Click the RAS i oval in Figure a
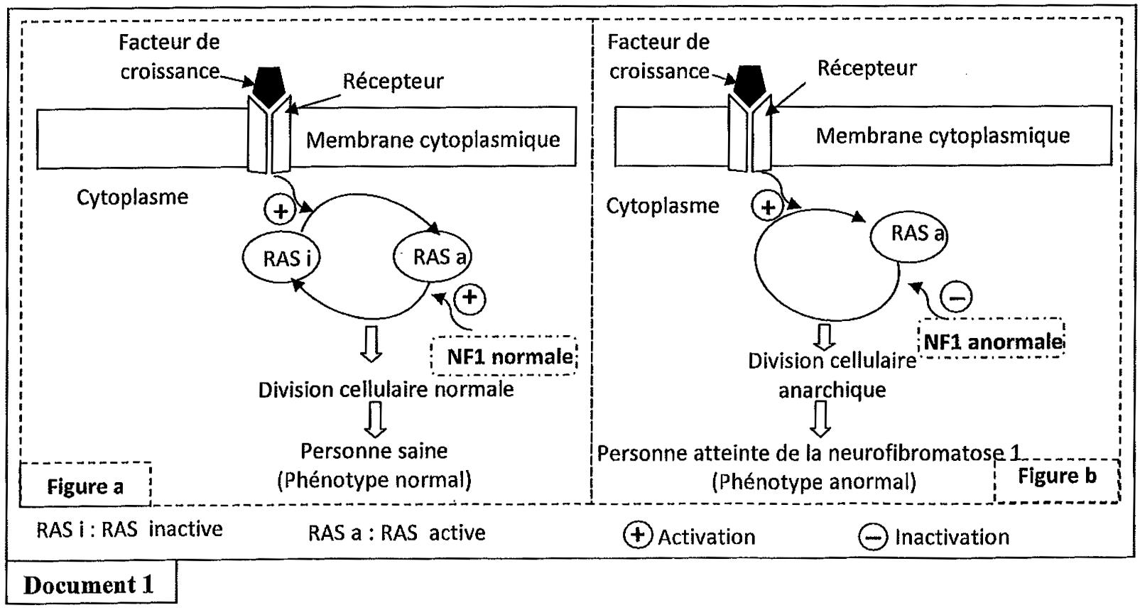[281, 258]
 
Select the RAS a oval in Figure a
[433, 256]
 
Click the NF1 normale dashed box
[504, 356]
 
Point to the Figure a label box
[85, 486]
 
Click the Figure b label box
[1056, 477]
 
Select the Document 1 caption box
[89, 584]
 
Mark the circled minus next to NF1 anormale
[956, 295]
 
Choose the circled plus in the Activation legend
[637, 535]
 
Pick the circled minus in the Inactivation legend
[872, 537]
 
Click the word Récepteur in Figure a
[393, 81]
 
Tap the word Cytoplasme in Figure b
[662, 206]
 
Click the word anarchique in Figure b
[832, 390]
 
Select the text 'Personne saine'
[374, 451]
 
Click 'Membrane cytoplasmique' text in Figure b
[942, 136]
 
